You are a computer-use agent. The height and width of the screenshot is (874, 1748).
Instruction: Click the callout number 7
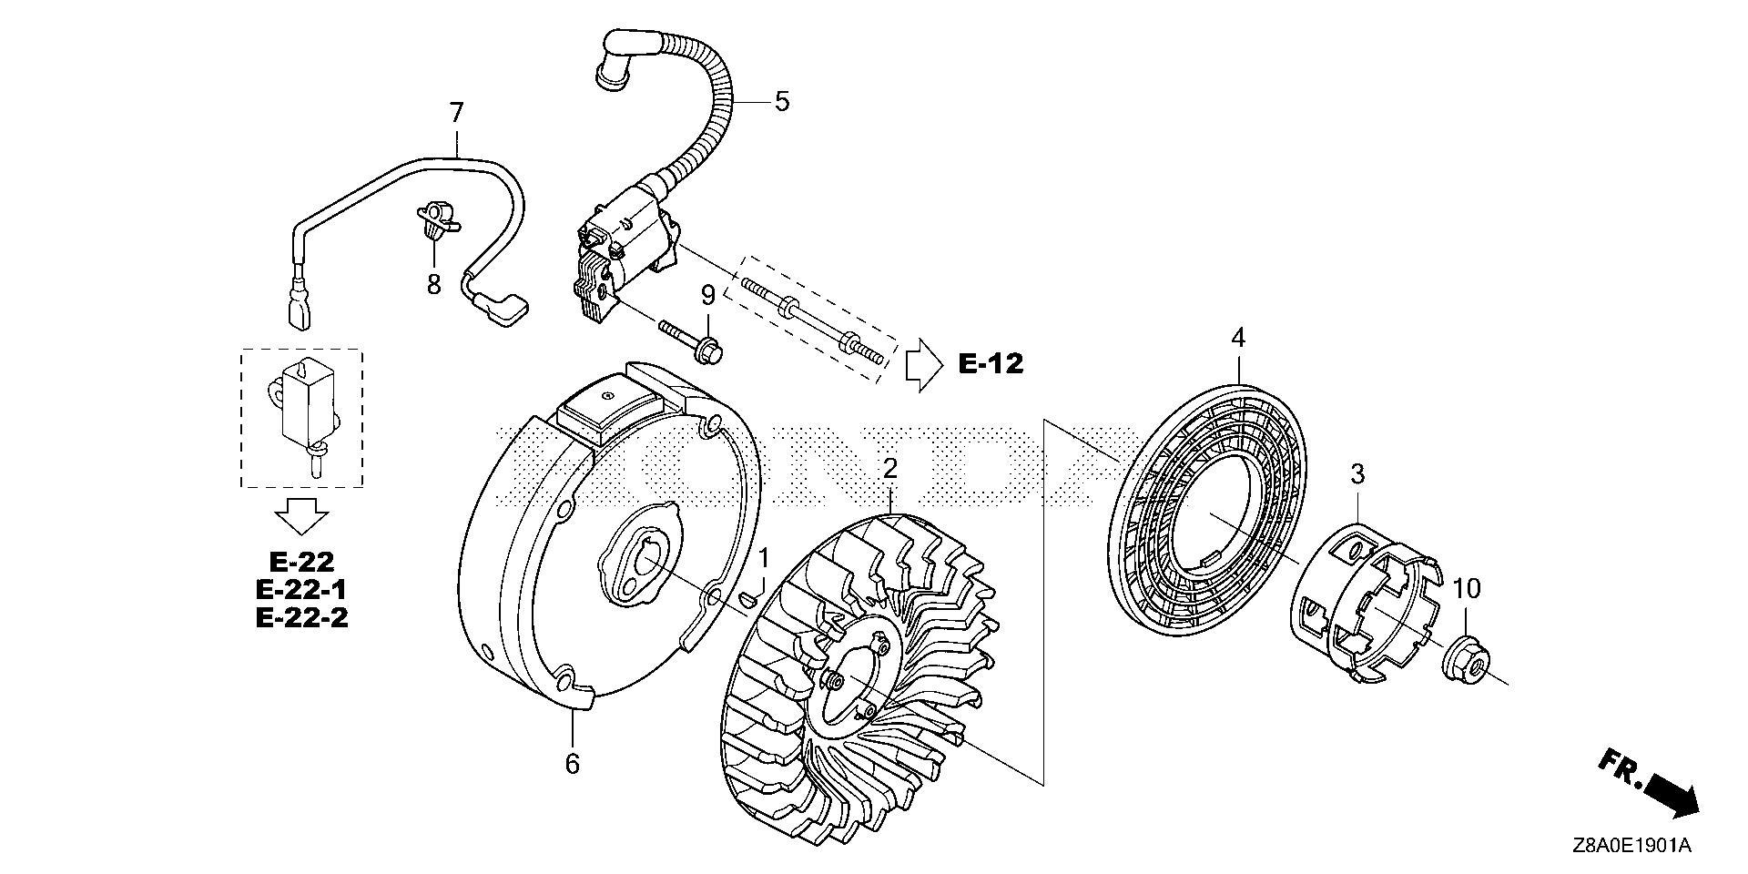click(x=456, y=114)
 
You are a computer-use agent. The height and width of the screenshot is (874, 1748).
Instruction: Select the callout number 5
click(x=781, y=102)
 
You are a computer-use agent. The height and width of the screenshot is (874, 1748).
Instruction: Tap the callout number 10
click(x=1466, y=589)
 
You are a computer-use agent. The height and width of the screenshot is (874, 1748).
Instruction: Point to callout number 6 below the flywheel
click(x=572, y=763)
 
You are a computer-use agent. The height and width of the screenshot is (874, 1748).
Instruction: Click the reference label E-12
click(x=991, y=365)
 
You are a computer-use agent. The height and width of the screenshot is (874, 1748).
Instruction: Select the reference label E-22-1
click(x=301, y=590)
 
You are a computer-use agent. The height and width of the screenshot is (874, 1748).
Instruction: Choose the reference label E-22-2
click(x=301, y=618)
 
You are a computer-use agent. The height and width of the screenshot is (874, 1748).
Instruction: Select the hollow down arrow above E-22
click(x=301, y=516)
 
